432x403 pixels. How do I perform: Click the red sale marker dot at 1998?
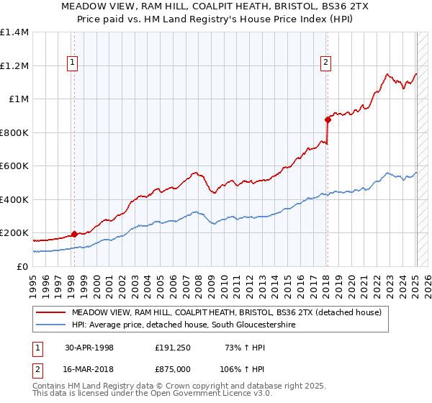pos(74,234)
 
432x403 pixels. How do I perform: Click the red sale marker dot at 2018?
pos(327,119)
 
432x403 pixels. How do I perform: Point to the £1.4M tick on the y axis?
pos(14,32)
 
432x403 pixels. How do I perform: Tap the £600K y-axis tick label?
pos(14,166)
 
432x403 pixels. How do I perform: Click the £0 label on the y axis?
pos(22,266)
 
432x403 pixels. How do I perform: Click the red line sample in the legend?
pos(51,312)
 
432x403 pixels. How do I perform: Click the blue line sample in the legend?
pos(51,325)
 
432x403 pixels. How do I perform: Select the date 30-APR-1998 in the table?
pos(89,348)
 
